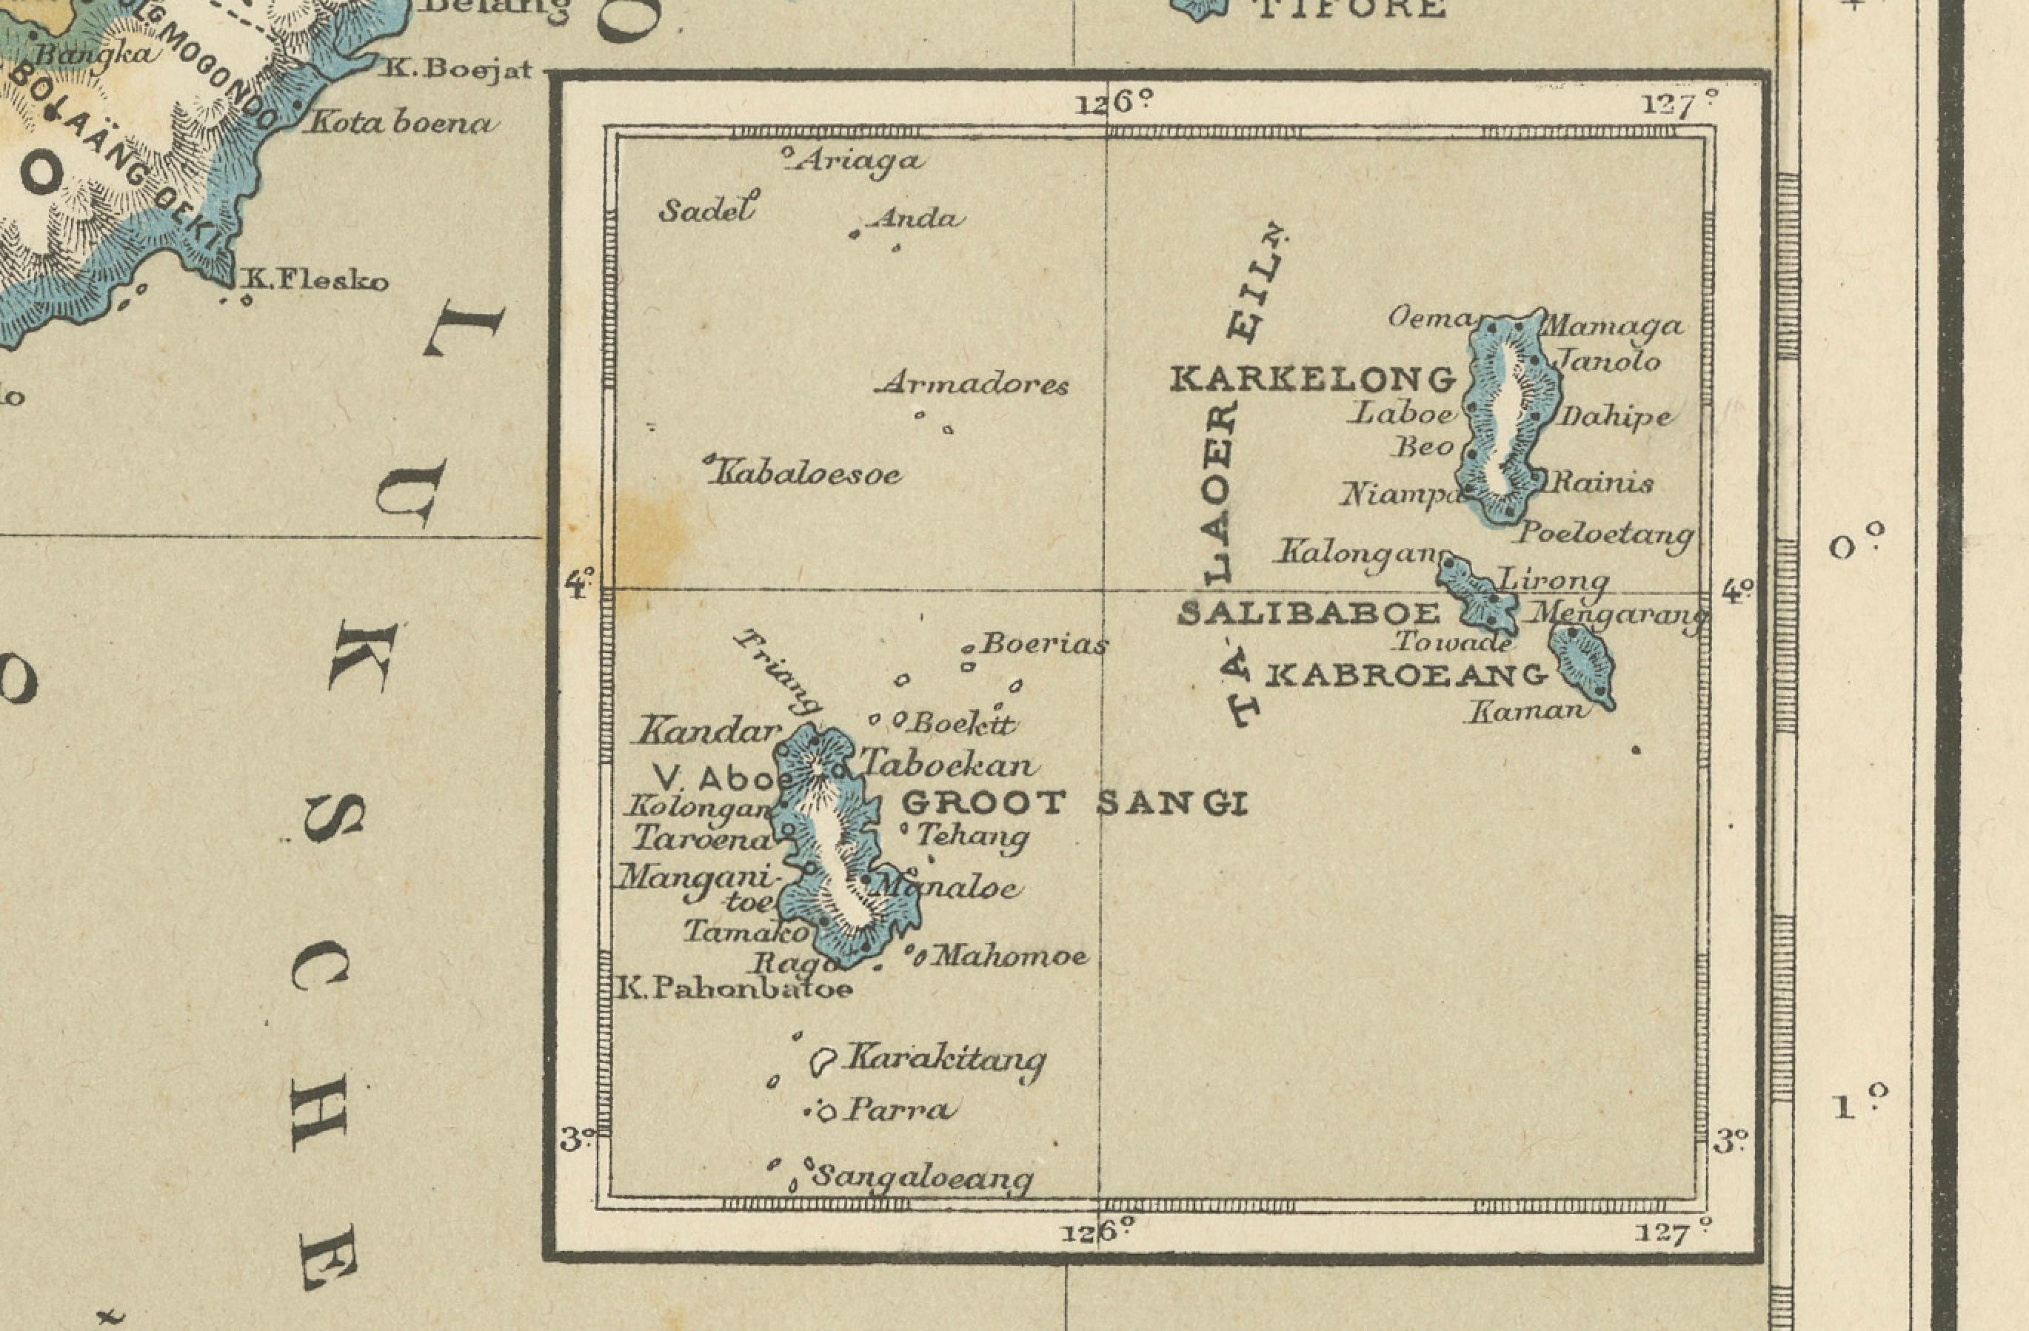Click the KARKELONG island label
tap(1313, 379)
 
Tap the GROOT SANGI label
tap(1074, 802)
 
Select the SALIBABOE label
tap(1308, 614)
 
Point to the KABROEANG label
tap(1405, 676)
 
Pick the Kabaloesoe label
tap(806, 474)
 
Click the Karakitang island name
tap(943, 1059)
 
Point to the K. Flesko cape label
tap(315, 281)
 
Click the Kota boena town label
tap(401, 124)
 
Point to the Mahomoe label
tap(1009, 957)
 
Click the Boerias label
tap(1043, 645)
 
